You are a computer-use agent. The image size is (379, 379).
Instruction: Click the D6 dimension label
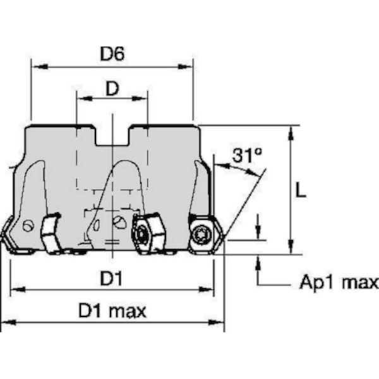(x=112, y=54)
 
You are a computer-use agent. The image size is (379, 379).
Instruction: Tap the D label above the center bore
(x=112, y=88)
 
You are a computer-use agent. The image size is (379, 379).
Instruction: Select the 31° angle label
(x=247, y=155)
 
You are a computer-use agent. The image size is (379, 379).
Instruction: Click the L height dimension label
(x=301, y=190)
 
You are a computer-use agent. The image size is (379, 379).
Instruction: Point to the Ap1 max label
(x=339, y=282)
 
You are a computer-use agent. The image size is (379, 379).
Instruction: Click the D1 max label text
(x=112, y=311)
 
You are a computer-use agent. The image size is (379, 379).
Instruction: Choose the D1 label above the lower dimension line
(x=111, y=278)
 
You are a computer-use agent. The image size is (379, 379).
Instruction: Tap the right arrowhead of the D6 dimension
(x=185, y=66)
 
